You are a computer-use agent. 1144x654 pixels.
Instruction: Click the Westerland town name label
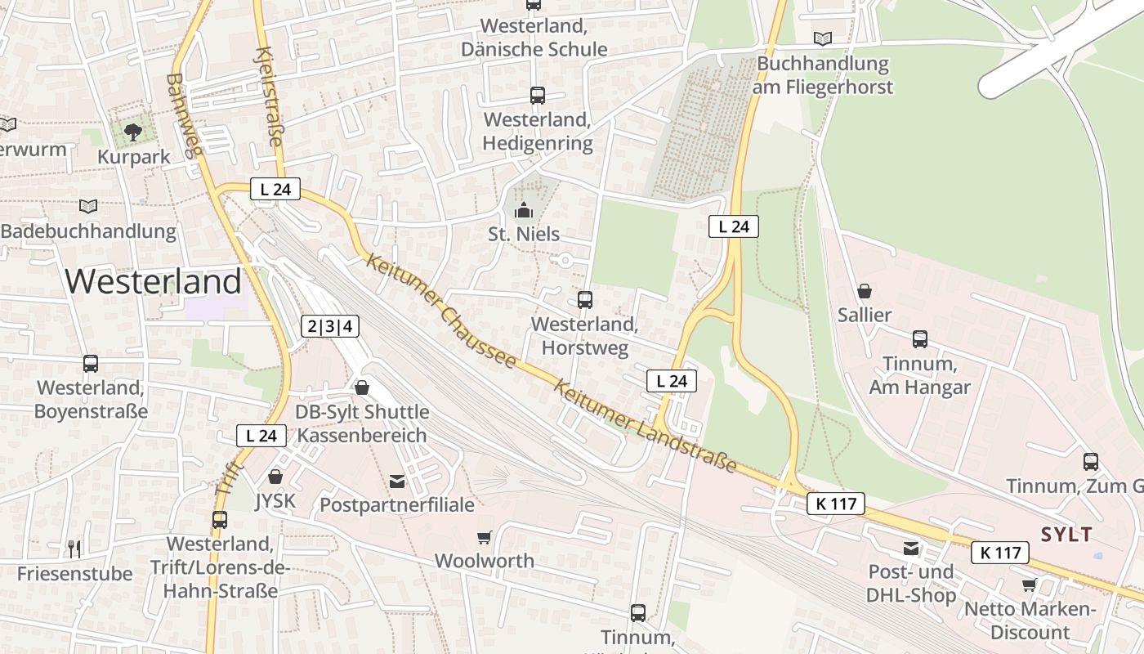[153, 281]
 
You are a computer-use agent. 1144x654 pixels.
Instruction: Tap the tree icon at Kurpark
[132, 132]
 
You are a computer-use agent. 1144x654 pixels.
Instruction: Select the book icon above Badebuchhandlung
[88, 206]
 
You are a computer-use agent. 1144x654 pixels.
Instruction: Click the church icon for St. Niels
[524, 210]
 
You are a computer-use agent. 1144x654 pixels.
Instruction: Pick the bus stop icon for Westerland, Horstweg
[585, 299]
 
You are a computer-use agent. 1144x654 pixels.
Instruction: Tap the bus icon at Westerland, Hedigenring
[537, 96]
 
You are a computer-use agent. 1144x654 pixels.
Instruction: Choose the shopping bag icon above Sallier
[865, 291]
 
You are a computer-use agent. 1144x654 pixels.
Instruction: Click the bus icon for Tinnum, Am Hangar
[920, 339]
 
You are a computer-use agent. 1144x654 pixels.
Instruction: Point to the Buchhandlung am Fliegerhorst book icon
[823, 38]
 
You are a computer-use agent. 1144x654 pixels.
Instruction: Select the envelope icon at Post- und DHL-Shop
[911, 549]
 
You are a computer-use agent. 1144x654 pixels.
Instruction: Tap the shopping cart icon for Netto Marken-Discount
[1029, 585]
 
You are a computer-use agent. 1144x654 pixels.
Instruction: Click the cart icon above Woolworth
[485, 537]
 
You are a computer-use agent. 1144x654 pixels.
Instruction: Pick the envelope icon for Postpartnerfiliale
[397, 482]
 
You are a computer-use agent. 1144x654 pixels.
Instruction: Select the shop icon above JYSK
[275, 476]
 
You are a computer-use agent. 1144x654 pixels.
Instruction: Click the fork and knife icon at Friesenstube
[74, 549]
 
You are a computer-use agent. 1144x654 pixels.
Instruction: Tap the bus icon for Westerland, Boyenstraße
[91, 364]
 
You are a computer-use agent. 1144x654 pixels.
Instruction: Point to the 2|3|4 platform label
[330, 326]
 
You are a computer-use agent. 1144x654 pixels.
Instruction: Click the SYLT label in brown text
[1066, 535]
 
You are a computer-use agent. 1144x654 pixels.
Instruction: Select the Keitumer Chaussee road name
[441, 311]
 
